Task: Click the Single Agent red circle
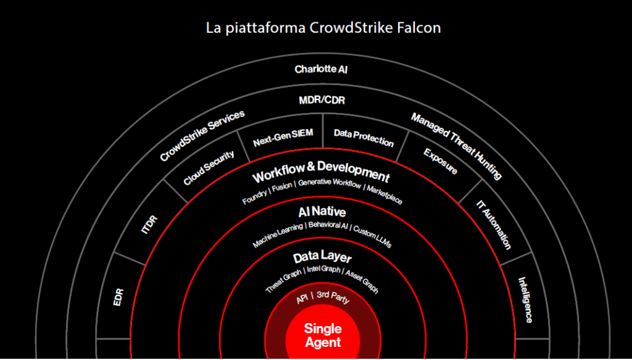point(322,335)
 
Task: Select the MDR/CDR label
point(322,100)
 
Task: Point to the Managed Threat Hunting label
point(456,146)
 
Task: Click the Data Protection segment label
point(364,137)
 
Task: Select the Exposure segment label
point(441,161)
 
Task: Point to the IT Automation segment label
point(494,224)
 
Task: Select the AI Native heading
point(322,212)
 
